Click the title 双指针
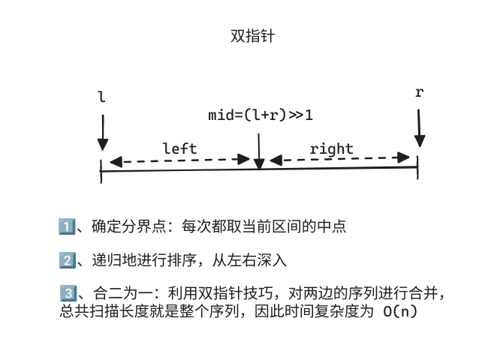(247, 35)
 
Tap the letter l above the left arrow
(102, 97)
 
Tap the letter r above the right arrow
(419, 92)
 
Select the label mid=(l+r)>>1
(261, 115)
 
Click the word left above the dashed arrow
(179, 148)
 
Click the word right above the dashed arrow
(331, 148)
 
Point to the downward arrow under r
(420, 127)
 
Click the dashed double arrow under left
(179, 160)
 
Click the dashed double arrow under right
(339, 159)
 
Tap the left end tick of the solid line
(101, 171)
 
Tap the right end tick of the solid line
(417, 166)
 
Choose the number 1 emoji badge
(65, 226)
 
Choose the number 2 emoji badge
(65, 260)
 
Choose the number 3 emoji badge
(65, 294)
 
